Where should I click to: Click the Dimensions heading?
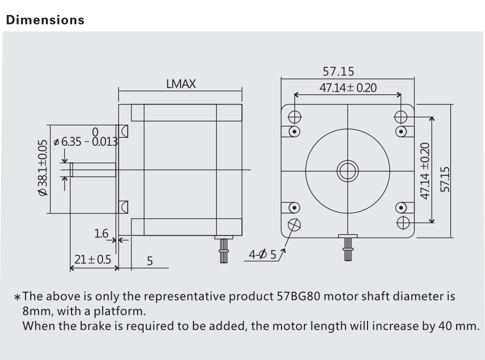coord(44,20)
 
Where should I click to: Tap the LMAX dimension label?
coord(181,84)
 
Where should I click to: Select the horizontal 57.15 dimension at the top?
coord(348,71)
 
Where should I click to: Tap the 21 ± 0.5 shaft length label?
coord(92,260)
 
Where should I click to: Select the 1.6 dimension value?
coord(101,233)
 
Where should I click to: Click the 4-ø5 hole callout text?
coord(263,254)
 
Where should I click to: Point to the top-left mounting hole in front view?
coord(294,117)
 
